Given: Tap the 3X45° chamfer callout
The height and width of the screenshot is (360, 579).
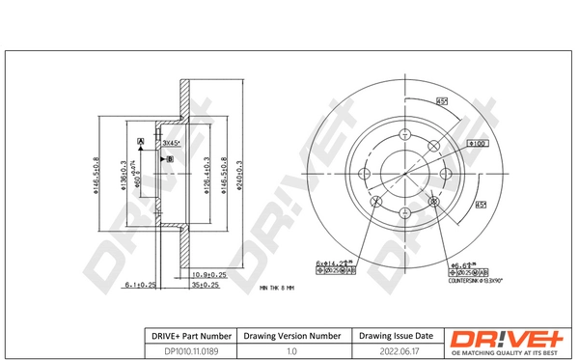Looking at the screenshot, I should pos(174,143).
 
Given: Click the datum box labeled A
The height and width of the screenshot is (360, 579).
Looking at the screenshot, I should pos(141,143).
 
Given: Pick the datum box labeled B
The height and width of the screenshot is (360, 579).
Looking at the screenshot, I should pos(169,157).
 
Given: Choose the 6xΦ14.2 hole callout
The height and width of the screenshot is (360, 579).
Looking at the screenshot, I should pos(334,262).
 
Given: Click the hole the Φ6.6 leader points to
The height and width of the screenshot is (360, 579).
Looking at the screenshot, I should pos(434,202).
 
